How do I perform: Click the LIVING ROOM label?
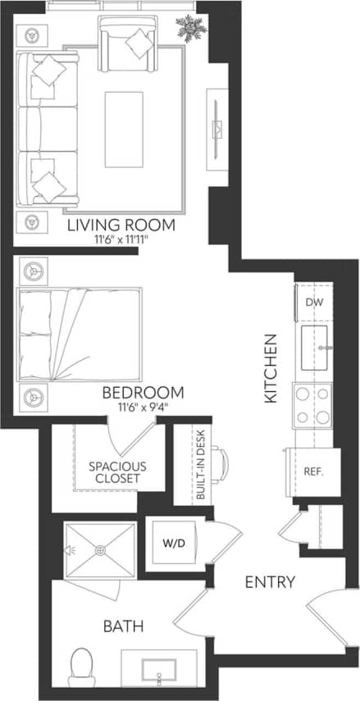pos(122,225)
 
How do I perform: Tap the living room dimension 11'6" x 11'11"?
pos(122,241)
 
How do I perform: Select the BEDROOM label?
pos(143,392)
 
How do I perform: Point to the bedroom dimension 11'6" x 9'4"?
pos(143,407)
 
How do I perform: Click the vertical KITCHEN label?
pos(271,366)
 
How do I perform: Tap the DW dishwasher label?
pos(313,303)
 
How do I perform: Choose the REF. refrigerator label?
pos(314,472)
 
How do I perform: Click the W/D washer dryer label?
pos(172,542)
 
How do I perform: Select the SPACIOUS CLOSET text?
pos(117,472)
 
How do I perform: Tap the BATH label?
pos(124,627)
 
